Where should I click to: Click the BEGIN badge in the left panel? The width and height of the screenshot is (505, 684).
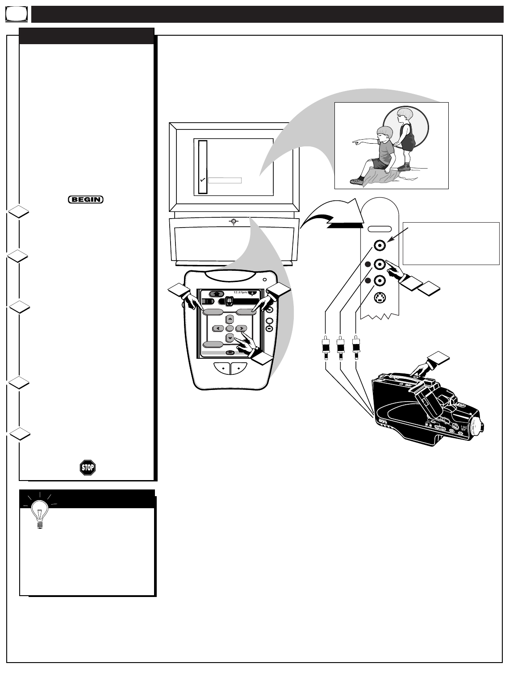pyautogui.click(x=86, y=199)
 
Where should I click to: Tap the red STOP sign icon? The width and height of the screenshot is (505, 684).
pyautogui.click(x=88, y=467)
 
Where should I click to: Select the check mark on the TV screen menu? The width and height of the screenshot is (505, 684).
pyautogui.click(x=203, y=180)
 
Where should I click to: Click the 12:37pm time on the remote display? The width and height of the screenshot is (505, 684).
pyautogui.click(x=241, y=293)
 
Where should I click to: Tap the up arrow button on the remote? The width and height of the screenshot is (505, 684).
pyautogui.click(x=230, y=319)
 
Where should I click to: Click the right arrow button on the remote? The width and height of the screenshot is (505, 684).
pyautogui.click(x=241, y=328)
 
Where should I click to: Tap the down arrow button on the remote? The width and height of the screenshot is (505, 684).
pyautogui.click(x=230, y=338)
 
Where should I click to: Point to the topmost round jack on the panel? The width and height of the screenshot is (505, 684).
pyautogui.click(x=379, y=245)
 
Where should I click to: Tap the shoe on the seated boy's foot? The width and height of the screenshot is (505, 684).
pyautogui.click(x=356, y=181)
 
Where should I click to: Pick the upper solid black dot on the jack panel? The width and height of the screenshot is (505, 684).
pyautogui.click(x=368, y=264)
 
